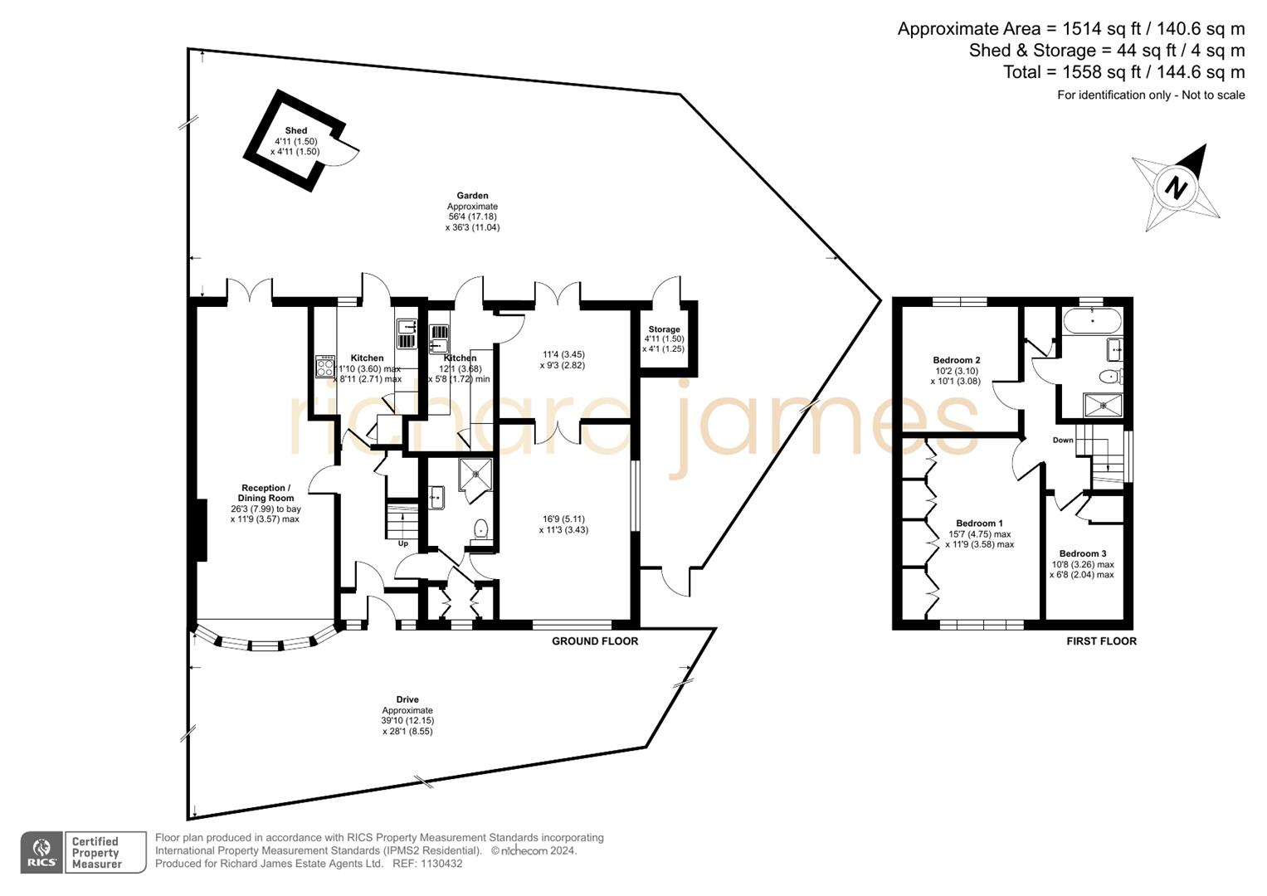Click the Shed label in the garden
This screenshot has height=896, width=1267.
pyautogui.click(x=295, y=131)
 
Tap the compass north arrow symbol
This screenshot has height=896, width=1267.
pyautogui.click(x=1176, y=187)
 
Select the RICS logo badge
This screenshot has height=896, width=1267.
pyautogui.click(x=41, y=852)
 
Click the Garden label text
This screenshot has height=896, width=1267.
pyautogui.click(x=472, y=196)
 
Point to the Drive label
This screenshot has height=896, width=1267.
pyautogui.click(x=407, y=699)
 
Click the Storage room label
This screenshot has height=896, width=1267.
pyautogui.click(x=664, y=329)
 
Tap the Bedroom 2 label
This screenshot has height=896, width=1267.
pyautogui.click(x=957, y=360)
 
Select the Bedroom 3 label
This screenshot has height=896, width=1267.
pyautogui.click(x=1082, y=553)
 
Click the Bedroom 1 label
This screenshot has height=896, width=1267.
pyautogui.click(x=979, y=523)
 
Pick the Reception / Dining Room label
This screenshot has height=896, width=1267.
pyautogui.click(x=266, y=493)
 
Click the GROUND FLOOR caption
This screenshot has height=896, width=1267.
pyautogui.click(x=595, y=641)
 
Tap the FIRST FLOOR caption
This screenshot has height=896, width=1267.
pyautogui.click(x=1101, y=641)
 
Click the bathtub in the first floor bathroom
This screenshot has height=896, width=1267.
pyautogui.click(x=1091, y=320)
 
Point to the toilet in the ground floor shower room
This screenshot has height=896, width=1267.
pyautogui.click(x=480, y=528)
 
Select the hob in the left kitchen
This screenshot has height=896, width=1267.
pyautogui.click(x=324, y=367)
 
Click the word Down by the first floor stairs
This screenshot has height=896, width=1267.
pyautogui.click(x=1063, y=441)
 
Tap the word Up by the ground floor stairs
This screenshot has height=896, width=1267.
pyautogui.click(x=402, y=543)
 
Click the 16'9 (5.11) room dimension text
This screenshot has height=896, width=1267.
pyautogui.click(x=563, y=519)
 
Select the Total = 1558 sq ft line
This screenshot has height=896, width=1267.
pyautogui.click(x=1123, y=72)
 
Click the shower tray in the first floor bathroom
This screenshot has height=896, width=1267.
pyautogui.click(x=1103, y=405)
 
